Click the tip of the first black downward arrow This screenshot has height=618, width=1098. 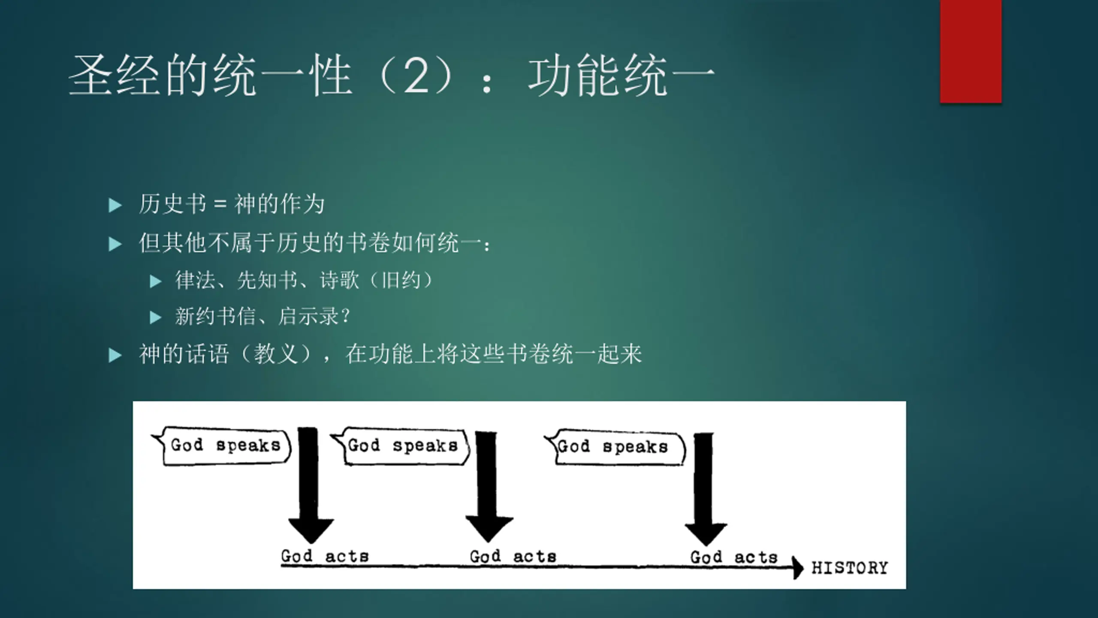[311, 543]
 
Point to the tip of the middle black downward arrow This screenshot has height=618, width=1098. [488, 542]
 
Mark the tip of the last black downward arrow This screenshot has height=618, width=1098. [706, 545]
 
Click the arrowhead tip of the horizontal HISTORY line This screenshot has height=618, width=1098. [803, 568]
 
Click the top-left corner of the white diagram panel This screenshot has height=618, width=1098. [133, 402]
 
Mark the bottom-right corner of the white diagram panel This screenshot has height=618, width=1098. [906, 589]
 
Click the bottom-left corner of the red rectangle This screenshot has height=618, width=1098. [940, 103]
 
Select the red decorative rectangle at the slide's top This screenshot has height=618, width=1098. [971, 51]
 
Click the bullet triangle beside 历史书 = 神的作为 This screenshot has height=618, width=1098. [115, 206]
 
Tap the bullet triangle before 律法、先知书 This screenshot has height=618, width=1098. [155, 282]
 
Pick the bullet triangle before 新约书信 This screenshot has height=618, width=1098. [155, 318]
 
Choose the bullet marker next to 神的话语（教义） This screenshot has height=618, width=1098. [115, 355]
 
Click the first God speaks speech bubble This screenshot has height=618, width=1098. [222, 446]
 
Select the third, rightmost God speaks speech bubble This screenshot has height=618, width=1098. [615, 447]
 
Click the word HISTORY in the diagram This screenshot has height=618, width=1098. [849, 568]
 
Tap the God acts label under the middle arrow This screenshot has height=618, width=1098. [513, 557]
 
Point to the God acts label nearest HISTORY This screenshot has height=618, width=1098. [734, 557]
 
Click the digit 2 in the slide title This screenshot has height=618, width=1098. [416, 76]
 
